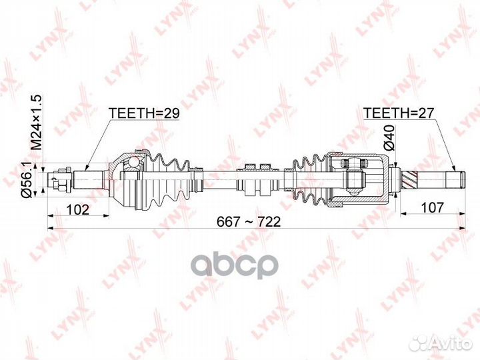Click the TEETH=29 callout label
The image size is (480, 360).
pyautogui.click(x=144, y=113)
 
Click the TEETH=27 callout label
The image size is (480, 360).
pyautogui.click(x=399, y=113)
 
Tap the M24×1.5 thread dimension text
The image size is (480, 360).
pyautogui.click(x=37, y=122)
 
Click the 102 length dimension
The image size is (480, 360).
pyautogui.click(x=78, y=209)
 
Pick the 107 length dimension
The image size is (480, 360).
pyautogui.click(x=431, y=207)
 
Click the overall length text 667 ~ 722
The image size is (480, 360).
pyautogui.click(x=249, y=221)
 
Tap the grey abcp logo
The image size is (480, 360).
pyautogui.click(x=237, y=265)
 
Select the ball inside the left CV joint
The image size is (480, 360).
pyautogui.click(x=133, y=161)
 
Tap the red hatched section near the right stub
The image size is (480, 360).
pyautogui.click(x=410, y=180)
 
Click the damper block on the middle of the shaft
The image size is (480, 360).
pyautogui.click(x=254, y=180)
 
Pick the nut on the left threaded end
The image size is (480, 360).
pyautogui.click(x=59, y=181)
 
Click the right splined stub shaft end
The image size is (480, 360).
pyautogui.click(x=455, y=180)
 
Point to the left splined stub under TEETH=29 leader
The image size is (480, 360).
pyautogui.click(x=88, y=180)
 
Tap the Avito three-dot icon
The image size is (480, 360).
pyautogui.click(x=420, y=343)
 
